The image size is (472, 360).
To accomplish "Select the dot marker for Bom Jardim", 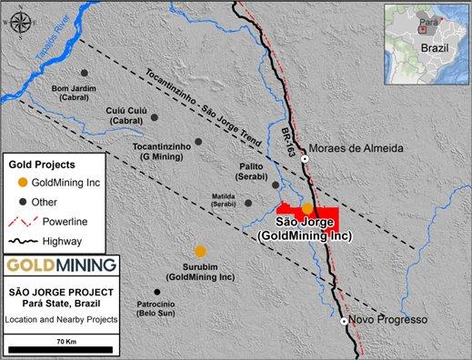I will tap(84, 73).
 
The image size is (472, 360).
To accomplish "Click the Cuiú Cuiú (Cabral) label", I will tap(126, 113).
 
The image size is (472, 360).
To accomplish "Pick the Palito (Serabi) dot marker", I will tap(276, 185).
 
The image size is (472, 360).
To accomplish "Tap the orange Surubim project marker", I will tap(200, 251).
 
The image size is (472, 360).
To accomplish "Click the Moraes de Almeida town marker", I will tap(306, 159).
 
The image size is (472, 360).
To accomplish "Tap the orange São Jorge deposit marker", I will tap(307, 208).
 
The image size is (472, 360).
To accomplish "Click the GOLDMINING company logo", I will tap(61, 265).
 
